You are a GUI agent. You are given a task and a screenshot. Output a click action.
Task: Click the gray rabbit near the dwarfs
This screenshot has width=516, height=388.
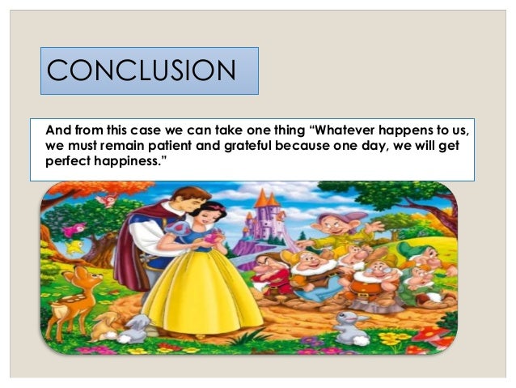pyautogui.click(x=350, y=323)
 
